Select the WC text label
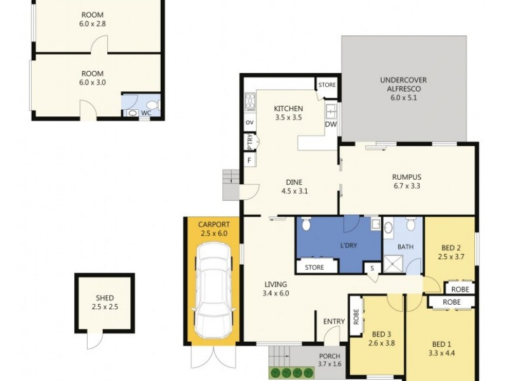point(146,113)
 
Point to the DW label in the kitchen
point(330,124)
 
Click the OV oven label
point(250,123)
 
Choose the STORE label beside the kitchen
point(327,84)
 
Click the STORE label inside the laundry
point(314,267)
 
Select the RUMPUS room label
point(406,177)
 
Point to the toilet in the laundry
point(306,224)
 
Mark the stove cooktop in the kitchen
point(250,102)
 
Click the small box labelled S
point(371,269)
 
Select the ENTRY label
point(333,321)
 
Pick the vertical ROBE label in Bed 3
point(356,316)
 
